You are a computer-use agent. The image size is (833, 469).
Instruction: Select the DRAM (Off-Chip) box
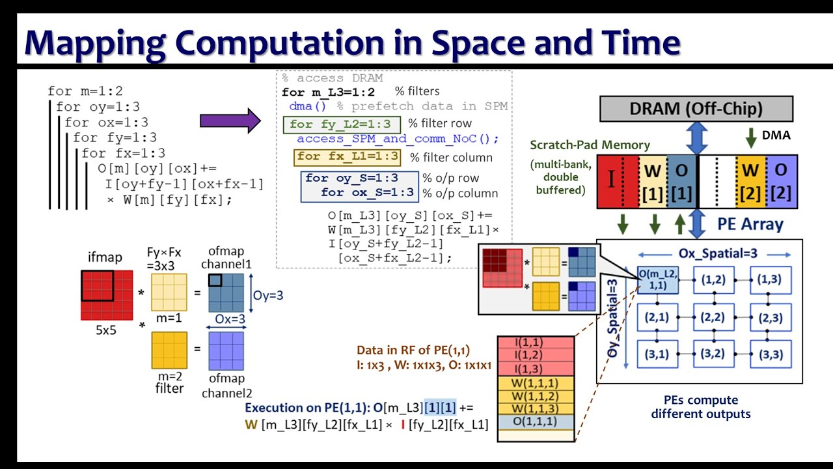696,109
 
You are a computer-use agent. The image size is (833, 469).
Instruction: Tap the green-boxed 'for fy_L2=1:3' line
340,124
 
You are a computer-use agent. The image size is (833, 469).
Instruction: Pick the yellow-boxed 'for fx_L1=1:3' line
347,157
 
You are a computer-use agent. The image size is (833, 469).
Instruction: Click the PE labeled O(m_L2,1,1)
657,279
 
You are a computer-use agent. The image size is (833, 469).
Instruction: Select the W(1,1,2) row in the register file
536,396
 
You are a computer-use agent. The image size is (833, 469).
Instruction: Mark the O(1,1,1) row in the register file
536,421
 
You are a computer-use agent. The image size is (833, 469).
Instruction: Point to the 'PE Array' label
750,225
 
